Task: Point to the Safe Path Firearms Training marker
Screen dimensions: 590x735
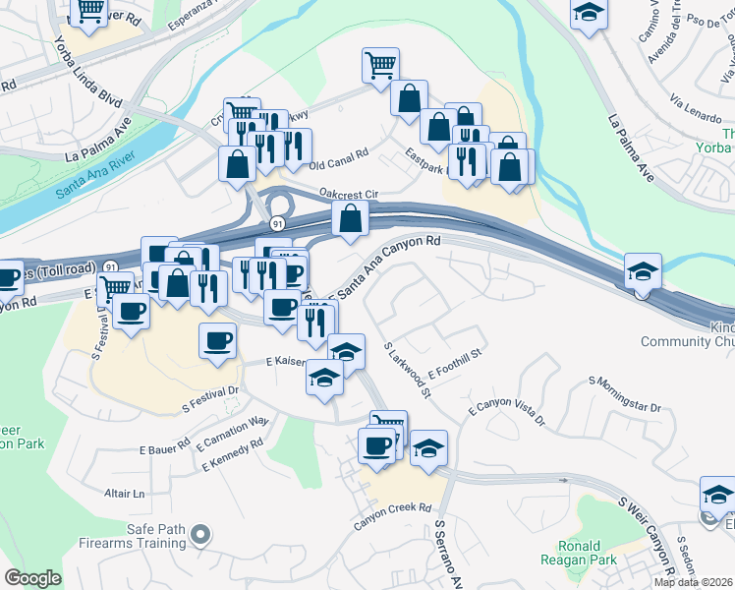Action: pyautogui.click(x=200, y=535)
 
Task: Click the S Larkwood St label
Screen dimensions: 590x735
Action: pyautogui.click(x=408, y=371)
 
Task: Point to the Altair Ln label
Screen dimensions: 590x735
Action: pyautogui.click(x=125, y=493)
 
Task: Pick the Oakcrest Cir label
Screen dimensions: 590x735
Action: pyautogui.click(x=348, y=194)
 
